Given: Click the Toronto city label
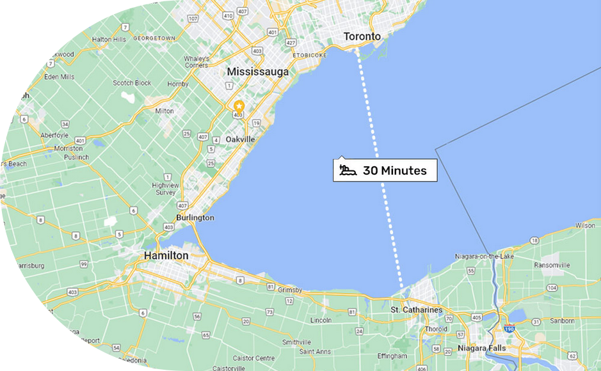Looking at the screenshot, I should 362,36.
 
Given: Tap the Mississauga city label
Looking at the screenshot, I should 257,72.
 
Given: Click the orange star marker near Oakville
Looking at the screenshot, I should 239,106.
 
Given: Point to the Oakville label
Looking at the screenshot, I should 241,139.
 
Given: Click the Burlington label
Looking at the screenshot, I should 195,218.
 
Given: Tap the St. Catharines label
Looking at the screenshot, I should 416,310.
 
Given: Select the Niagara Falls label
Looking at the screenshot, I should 481,348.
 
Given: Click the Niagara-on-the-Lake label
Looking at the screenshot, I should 484,257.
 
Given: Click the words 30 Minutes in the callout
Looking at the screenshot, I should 394,171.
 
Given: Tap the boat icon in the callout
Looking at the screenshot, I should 348,171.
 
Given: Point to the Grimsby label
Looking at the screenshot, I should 291,289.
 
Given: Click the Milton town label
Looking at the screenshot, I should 164,111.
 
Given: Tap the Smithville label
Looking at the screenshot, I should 296,342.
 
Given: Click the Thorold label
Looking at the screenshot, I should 437,329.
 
